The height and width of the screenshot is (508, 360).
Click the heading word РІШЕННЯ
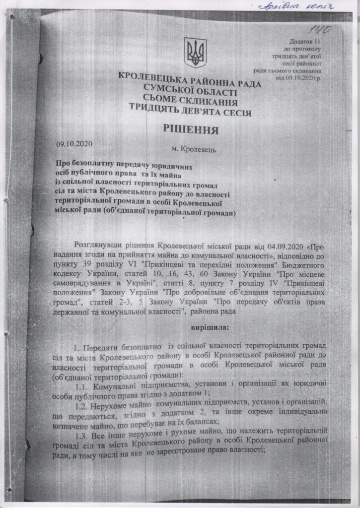click(x=191, y=130)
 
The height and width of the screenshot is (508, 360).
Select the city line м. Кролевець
click(x=193, y=148)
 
